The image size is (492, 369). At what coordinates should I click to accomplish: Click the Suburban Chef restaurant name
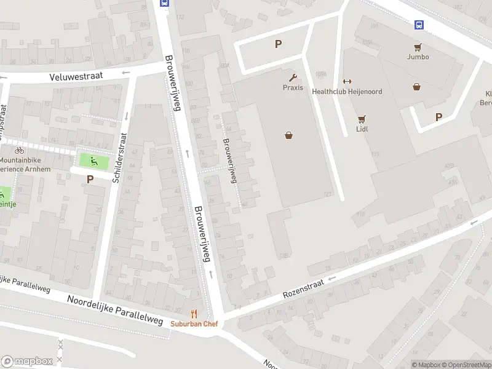point(194,323)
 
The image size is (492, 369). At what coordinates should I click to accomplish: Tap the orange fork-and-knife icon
point(194,314)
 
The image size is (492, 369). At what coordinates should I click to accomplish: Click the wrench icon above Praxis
point(293,77)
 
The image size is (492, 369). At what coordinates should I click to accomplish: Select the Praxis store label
point(293,87)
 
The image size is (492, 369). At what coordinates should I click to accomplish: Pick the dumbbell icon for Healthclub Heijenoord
point(346,82)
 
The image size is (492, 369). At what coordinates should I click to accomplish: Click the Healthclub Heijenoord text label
point(347,92)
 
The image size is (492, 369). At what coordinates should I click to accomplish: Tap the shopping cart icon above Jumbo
point(418,47)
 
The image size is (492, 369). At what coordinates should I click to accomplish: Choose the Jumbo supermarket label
point(418,57)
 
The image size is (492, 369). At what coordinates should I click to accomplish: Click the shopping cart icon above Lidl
point(362,119)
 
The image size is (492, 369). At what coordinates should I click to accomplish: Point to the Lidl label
point(362,129)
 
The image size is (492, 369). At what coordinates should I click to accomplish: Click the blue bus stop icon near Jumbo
point(419,25)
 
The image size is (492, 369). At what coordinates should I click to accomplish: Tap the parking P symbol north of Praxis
point(278,44)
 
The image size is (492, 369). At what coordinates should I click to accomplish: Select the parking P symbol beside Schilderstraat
point(90,180)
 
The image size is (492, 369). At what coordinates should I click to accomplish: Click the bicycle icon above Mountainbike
point(19,150)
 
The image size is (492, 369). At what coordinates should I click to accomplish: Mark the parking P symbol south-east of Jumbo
point(438,117)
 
